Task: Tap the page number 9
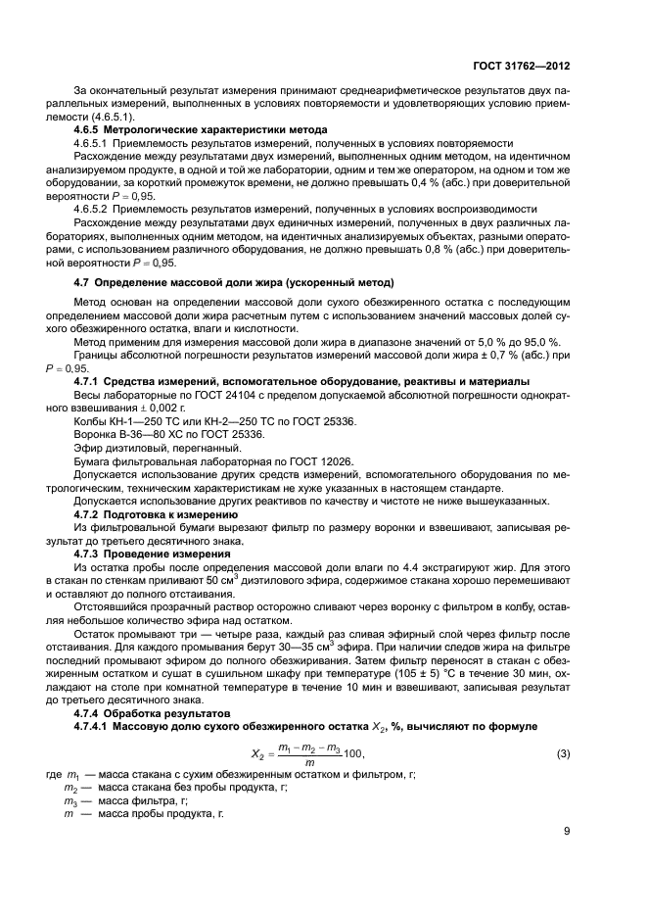point(567,832)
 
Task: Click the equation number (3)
point(563,726)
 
